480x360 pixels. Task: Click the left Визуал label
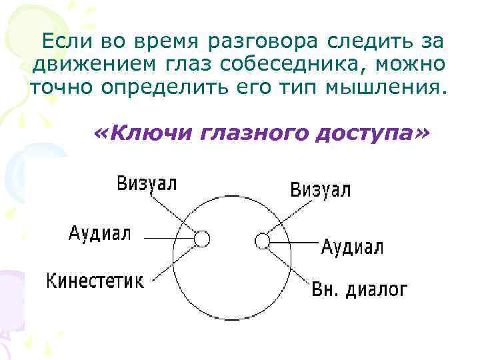point(147,183)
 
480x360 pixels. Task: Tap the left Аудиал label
point(100,234)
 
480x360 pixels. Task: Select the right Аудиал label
point(352,247)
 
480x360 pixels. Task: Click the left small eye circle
point(203,239)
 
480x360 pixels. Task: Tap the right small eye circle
point(263,239)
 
